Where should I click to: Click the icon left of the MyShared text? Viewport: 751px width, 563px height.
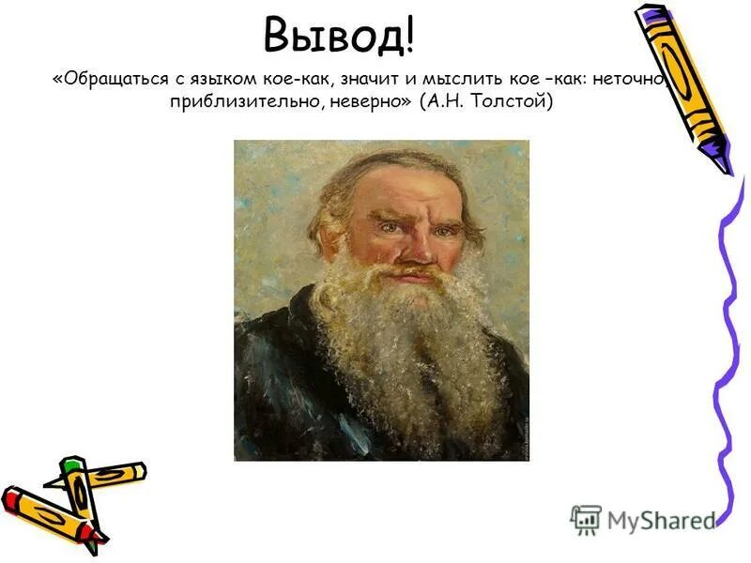coord(586,519)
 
